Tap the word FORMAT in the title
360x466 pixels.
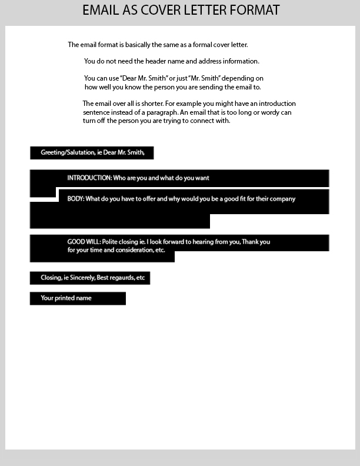(254, 10)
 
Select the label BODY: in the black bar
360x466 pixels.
(76, 199)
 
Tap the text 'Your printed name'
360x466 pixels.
(66, 298)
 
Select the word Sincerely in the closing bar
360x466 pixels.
(79, 278)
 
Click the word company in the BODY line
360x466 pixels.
(282, 199)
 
